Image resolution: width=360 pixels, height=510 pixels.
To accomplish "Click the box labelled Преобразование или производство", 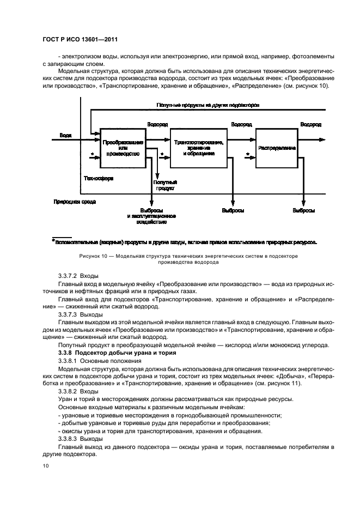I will (x=123, y=148).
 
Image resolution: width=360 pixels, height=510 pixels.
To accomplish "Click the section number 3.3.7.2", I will (x=68, y=277).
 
